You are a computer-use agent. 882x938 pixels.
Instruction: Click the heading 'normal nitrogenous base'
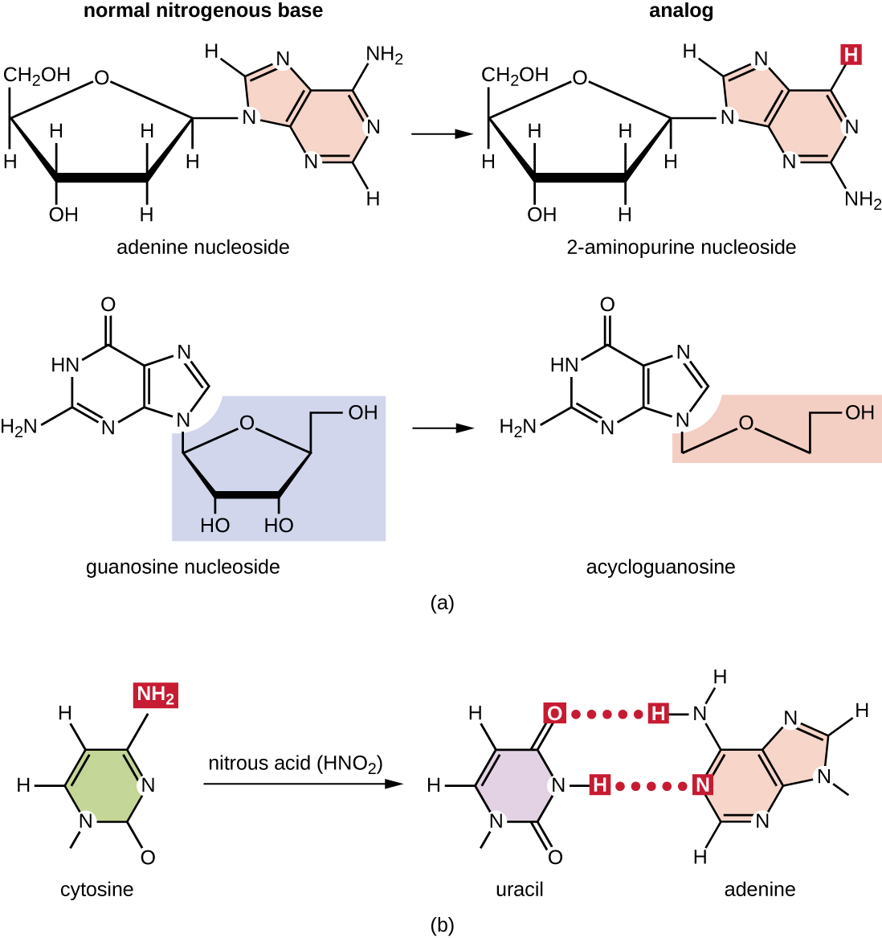click(202, 11)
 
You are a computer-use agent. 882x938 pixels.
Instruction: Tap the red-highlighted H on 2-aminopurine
click(851, 55)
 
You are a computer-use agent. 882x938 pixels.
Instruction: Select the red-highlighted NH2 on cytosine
click(156, 694)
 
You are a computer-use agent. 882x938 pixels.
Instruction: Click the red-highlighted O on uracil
click(554, 713)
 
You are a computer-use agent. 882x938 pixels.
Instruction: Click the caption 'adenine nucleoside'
click(202, 247)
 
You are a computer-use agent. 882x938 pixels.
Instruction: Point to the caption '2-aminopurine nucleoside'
click(681, 247)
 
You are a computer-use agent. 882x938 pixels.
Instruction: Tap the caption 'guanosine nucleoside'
click(182, 567)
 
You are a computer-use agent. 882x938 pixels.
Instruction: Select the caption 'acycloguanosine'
click(660, 567)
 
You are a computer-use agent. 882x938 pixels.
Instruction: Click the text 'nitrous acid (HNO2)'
click(295, 763)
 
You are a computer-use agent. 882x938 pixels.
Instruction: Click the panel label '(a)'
click(442, 602)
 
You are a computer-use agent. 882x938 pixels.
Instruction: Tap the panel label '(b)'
click(442, 925)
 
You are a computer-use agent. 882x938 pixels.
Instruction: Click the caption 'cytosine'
click(96, 890)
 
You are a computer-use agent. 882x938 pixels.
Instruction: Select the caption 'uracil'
click(519, 890)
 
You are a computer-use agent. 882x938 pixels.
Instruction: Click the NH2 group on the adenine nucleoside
click(384, 55)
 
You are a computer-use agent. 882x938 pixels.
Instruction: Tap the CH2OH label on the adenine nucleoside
click(37, 76)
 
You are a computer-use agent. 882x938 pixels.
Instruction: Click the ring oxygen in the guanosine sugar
click(247, 424)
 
